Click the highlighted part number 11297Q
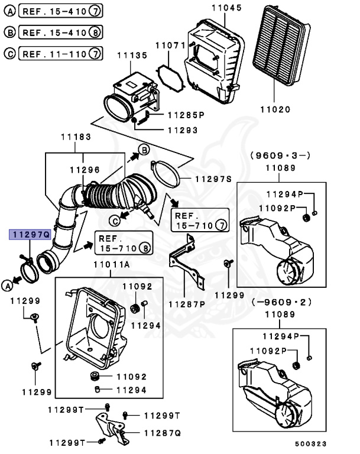[28, 235]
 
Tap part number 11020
[275, 109]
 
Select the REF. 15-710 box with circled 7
[199, 220]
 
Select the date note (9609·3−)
[280, 155]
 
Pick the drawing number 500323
[311, 443]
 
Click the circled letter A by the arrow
[7, 286]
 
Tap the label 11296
[84, 170]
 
